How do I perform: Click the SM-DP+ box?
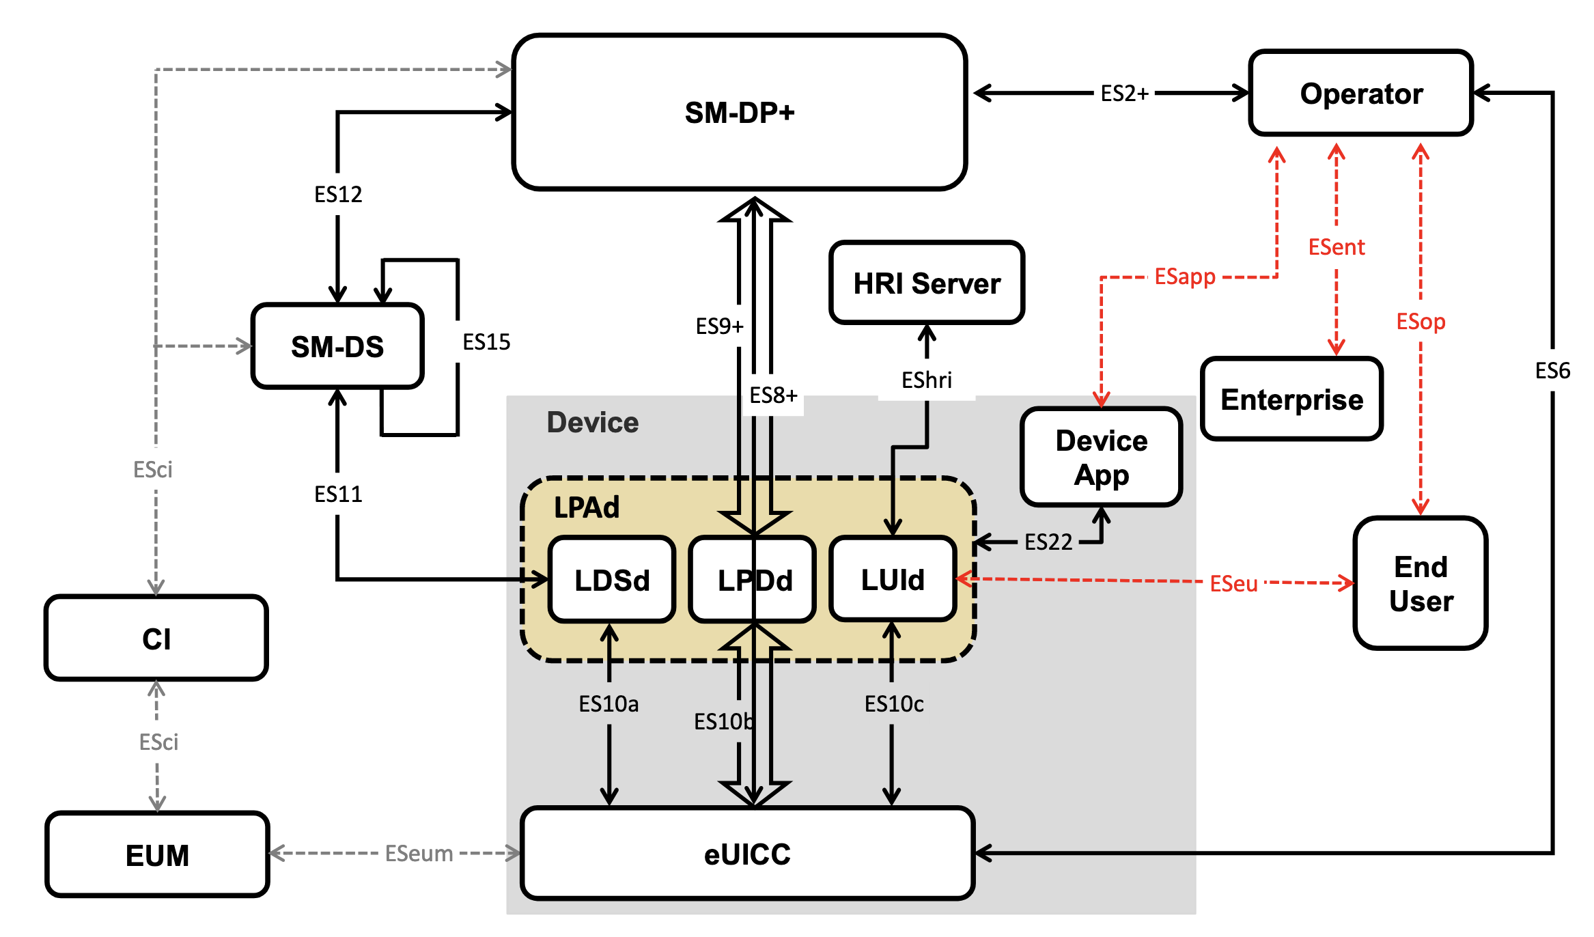(x=740, y=112)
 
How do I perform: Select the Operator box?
(x=1360, y=94)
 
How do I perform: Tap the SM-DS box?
(x=337, y=346)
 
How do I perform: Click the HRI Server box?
(x=927, y=283)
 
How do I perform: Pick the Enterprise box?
(x=1291, y=400)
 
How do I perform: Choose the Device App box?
(x=1101, y=457)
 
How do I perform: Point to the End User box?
(x=1421, y=583)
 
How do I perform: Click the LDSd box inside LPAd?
(x=612, y=580)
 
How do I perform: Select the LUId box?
(x=893, y=580)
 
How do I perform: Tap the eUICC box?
(x=747, y=854)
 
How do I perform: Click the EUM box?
(x=157, y=855)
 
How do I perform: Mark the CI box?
(x=156, y=639)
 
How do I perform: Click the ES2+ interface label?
(x=1124, y=94)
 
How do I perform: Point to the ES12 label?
(x=338, y=195)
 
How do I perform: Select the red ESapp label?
(x=1185, y=277)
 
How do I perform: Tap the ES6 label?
(x=1552, y=371)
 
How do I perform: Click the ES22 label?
(x=1048, y=542)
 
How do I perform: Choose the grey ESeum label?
(x=419, y=854)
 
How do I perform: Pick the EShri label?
(x=926, y=380)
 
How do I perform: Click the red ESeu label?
(x=1233, y=584)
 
